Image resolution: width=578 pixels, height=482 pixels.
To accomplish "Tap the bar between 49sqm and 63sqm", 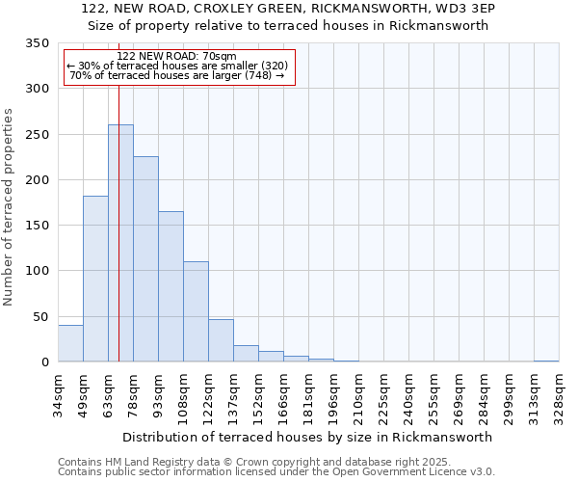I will pyautogui.click(x=95, y=279).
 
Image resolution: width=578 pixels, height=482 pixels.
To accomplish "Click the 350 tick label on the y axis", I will pyautogui.click(x=38, y=43).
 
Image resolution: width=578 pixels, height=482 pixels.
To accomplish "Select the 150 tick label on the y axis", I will pyautogui.click(x=38, y=226).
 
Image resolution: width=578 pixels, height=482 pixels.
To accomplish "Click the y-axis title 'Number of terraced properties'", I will pyautogui.click(x=9, y=207).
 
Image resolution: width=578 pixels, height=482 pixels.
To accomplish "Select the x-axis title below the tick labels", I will pyautogui.click(x=308, y=437).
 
